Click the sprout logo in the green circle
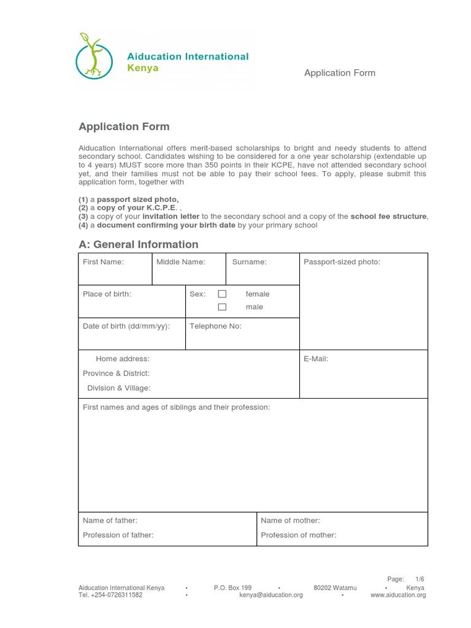pos(94,56)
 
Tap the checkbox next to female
pos(222,294)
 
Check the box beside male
pos(222,307)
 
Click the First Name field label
pos(103,262)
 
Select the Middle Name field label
pos(181,262)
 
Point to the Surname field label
pos(249,262)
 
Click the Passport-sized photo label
pos(342,262)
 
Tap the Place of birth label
pos(107,294)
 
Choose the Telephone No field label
pos(215,326)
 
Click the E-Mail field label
pos(316,359)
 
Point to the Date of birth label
pos(126,326)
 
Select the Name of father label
pos(110,520)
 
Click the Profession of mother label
pos(298,535)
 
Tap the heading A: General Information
pos(138,244)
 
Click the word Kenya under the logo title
pos(142,68)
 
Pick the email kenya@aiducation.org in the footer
pos(271,595)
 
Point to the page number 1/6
pos(419,579)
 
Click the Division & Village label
pos(118,388)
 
